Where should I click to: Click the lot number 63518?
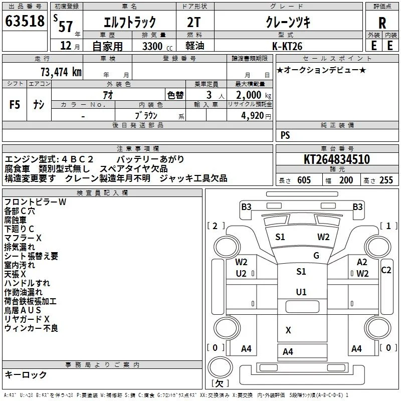(x=25, y=21)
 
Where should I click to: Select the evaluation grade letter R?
(x=382, y=23)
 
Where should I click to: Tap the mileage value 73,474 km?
(x=61, y=72)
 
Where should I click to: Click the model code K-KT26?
(x=287, y=46)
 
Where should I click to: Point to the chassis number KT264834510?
(x=337, y=159)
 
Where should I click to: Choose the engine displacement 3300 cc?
(x=157, y=46)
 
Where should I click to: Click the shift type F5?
(x=15, y=105)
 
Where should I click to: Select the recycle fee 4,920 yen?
(x=256, y=116)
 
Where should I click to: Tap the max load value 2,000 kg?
(x=254, y=95)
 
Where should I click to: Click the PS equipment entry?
(x=285, y=135)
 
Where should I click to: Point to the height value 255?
(x=386, y=180)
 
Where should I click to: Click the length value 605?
(x=304, y=180)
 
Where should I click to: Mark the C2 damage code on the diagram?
(x=386, y=270)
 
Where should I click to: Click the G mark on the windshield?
(x=316, y=255)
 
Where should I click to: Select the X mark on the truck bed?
(x=288, y=330)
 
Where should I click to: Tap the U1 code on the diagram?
(x=301, y=292)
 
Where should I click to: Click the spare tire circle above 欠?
(x=220, y=367)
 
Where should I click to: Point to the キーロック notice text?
(x=26, y=374)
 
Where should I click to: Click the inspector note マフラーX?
(x=23, y=238)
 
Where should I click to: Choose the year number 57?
(x=66, y=26)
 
